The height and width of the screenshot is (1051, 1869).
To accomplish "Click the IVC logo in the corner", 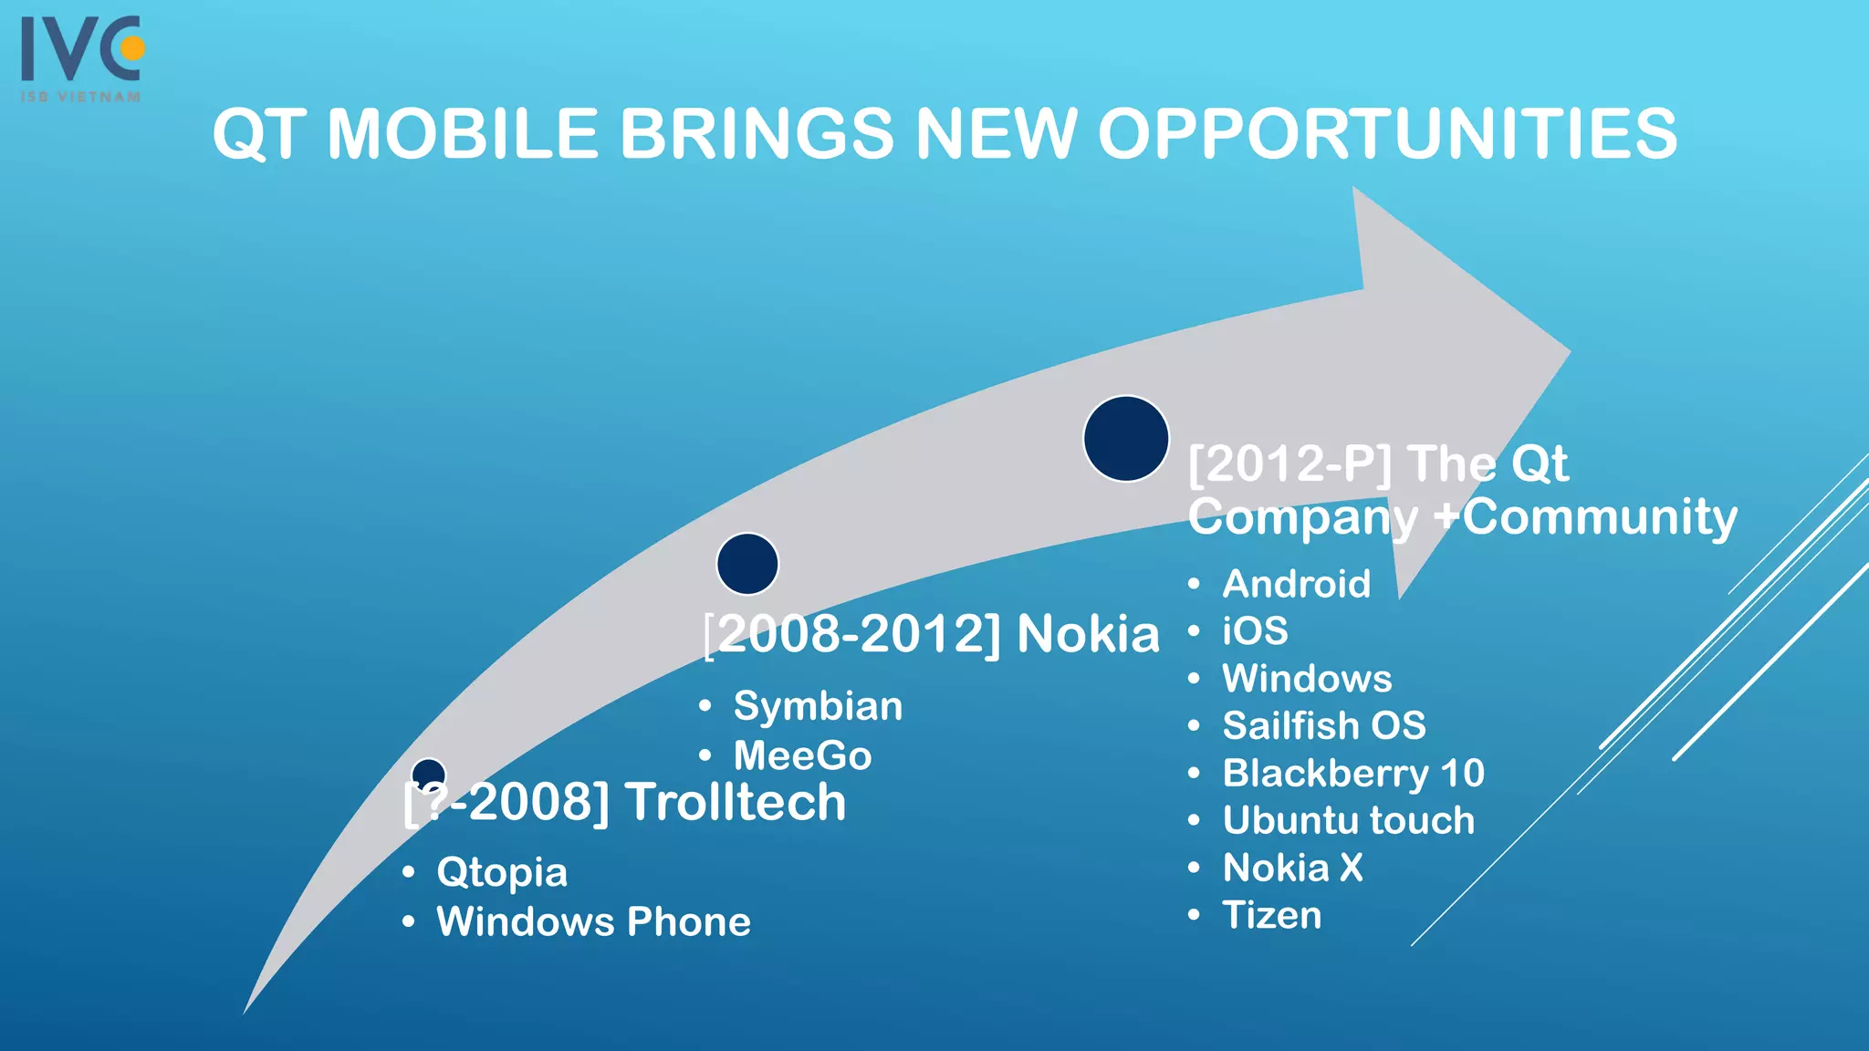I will [82, 57].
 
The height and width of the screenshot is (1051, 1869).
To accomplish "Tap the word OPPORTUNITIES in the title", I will [1387, 134].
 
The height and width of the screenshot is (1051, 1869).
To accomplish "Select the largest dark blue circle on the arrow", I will [1125, 439].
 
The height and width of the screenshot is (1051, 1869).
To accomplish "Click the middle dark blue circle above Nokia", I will [747, 564].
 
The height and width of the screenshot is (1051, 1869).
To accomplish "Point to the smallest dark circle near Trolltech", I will [428, 772].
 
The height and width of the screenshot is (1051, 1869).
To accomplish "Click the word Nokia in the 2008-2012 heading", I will [1088, 634].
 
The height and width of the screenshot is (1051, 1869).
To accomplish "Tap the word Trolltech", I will [736, 802].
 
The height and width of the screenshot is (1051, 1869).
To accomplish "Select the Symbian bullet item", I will [818, 706].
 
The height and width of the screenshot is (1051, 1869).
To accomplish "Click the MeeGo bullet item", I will [802, 755].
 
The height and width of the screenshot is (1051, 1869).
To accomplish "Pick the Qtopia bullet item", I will [502, 872].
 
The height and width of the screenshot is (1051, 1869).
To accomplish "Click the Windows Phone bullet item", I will [593, 921].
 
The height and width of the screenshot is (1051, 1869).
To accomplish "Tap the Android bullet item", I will [1296, 584].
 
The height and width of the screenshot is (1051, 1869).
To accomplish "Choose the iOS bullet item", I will [1255, 631].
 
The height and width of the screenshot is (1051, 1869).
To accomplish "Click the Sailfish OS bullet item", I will [1323, 726].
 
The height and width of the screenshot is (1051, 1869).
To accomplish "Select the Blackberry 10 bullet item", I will [1353, 774].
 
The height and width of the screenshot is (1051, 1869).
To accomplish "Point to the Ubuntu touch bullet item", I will [1348, 820].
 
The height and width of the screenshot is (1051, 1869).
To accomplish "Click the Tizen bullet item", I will [1271, 915].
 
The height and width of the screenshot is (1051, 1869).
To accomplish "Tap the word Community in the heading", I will [1600, 517].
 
